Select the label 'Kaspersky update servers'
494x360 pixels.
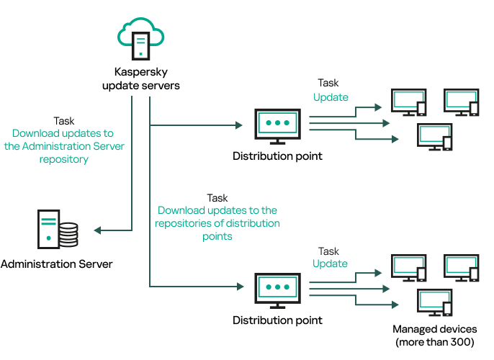(147, 79)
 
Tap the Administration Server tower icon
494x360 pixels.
(48, 228)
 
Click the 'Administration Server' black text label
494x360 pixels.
(56, 264)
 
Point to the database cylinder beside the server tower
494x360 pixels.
(68, 234)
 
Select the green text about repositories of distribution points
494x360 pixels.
(218, 223)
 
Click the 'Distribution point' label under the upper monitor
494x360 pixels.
(277, 156)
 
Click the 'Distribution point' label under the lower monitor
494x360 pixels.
(277, 319)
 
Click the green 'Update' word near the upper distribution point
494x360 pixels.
(331, 97)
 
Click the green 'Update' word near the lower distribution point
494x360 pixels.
(330, 264)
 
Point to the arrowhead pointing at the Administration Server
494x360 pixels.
(98, 230)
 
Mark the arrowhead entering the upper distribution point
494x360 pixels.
(238, 125)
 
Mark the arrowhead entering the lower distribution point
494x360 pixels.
(238, 287)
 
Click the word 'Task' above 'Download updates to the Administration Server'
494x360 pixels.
(64, 121)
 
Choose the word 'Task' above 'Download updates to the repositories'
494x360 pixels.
(217, 197)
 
